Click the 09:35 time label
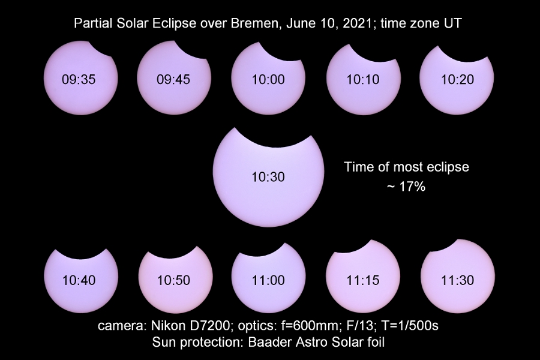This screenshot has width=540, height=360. pyautogui.click(x=79, y=80)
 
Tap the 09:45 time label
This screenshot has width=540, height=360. pyautogui.click(x=173, y=80)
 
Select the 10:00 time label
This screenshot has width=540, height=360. pyautogui.click(x=268, y=80)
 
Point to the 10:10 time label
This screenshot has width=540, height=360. pyautogui.click(x=363, y=80)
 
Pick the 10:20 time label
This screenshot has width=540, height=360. pyautogui.click(x=458, y=80)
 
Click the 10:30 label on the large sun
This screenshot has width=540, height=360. pyautogui.click(x=268, y=177)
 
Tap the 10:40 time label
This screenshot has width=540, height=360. pyautogui.click(x=79, y=280)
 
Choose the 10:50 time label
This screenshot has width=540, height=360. pyautogui.click(x=173, y=280)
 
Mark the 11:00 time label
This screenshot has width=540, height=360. pyautogui.click(x=268, y=280)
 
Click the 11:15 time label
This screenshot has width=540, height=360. pyautogui.click(x=363, y=280)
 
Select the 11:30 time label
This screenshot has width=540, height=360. pyautogui.click(x=458, y=280)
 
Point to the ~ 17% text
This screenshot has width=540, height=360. pyautogui.click(x=406, y=187)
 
